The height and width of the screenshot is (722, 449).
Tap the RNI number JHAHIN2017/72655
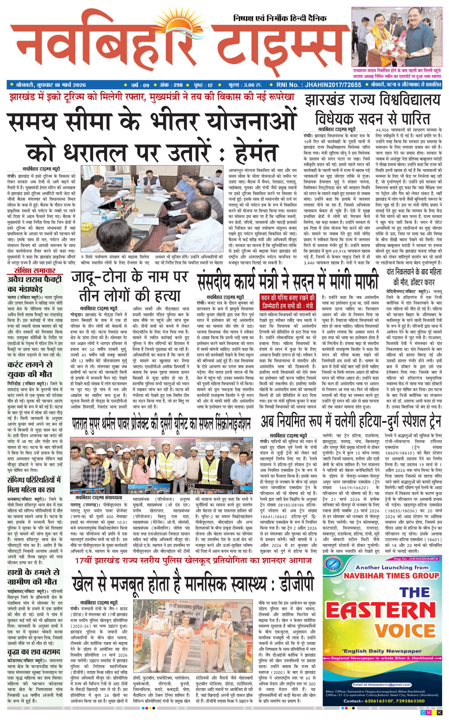tap(319, 85)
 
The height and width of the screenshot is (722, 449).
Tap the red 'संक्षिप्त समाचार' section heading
tap(35, 271)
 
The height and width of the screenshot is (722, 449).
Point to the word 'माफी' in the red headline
tap(362, 281)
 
